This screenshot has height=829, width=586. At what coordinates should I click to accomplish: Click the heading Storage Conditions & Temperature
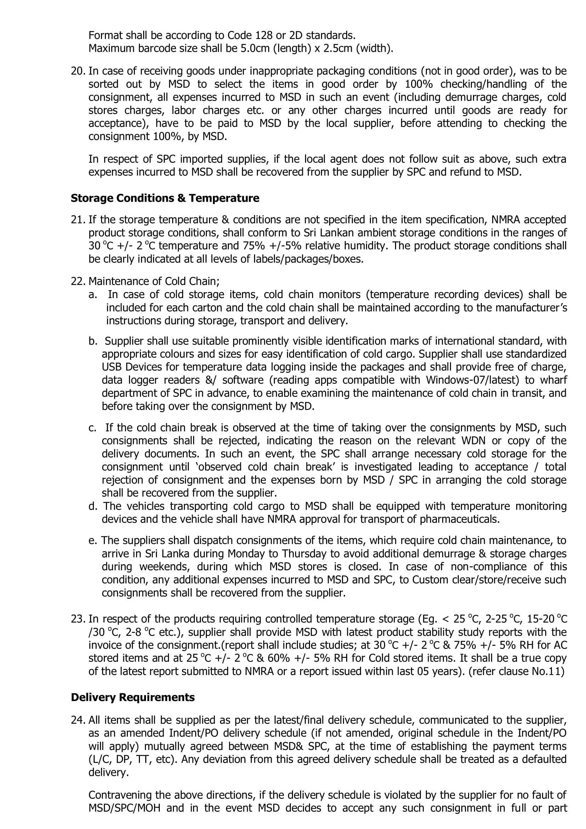click(164, 198)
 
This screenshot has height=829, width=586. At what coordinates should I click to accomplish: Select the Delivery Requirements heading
click(133, 697)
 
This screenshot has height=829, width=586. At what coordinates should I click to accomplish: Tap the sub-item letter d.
click(93, 506)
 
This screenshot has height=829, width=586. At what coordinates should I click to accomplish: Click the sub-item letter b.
click(93, 341)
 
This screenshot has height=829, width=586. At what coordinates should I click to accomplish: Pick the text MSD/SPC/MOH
click(124, 808)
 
